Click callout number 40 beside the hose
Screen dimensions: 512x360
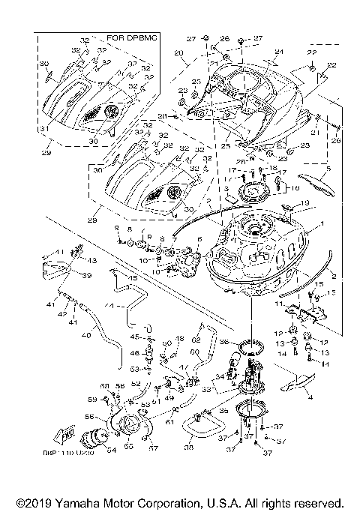coord(85,336)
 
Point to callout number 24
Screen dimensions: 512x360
coord(279,52)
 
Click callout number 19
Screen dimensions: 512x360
coord(304,203)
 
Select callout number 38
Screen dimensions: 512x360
coord(188,448)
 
